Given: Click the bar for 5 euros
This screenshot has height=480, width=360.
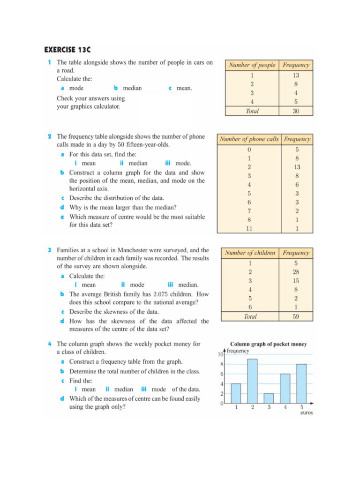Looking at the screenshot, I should click(x=301, y=383).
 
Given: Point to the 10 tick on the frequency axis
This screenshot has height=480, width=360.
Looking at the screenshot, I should click(x=220, y=354).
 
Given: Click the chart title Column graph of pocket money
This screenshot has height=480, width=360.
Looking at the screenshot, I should click(x=268, y=344).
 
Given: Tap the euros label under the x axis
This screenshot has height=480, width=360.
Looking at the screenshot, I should click(x=306, y=413).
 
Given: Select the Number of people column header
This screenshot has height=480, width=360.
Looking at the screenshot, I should click(x=252, y=65).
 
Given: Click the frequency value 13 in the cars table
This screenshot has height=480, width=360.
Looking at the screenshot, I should click(x=296, y=75).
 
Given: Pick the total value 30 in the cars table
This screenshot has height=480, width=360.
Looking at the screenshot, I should click(x=296, y=111).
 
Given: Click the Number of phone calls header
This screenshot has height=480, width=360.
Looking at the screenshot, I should click(x=249, y=139).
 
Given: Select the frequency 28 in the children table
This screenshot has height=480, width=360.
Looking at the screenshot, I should click(x=296, y=272).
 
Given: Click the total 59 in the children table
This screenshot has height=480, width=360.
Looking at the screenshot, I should click(x=296, y=316).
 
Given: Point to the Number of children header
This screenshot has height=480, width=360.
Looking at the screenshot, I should click(x=250, y=253).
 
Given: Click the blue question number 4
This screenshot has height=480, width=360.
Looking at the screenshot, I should click(x=50, y=344).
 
